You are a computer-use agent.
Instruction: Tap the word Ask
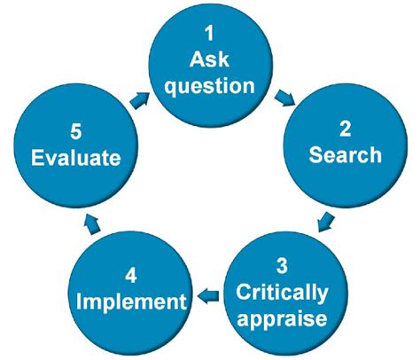[x=209, y=59]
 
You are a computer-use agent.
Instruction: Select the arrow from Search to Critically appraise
[x=324, y=219]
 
